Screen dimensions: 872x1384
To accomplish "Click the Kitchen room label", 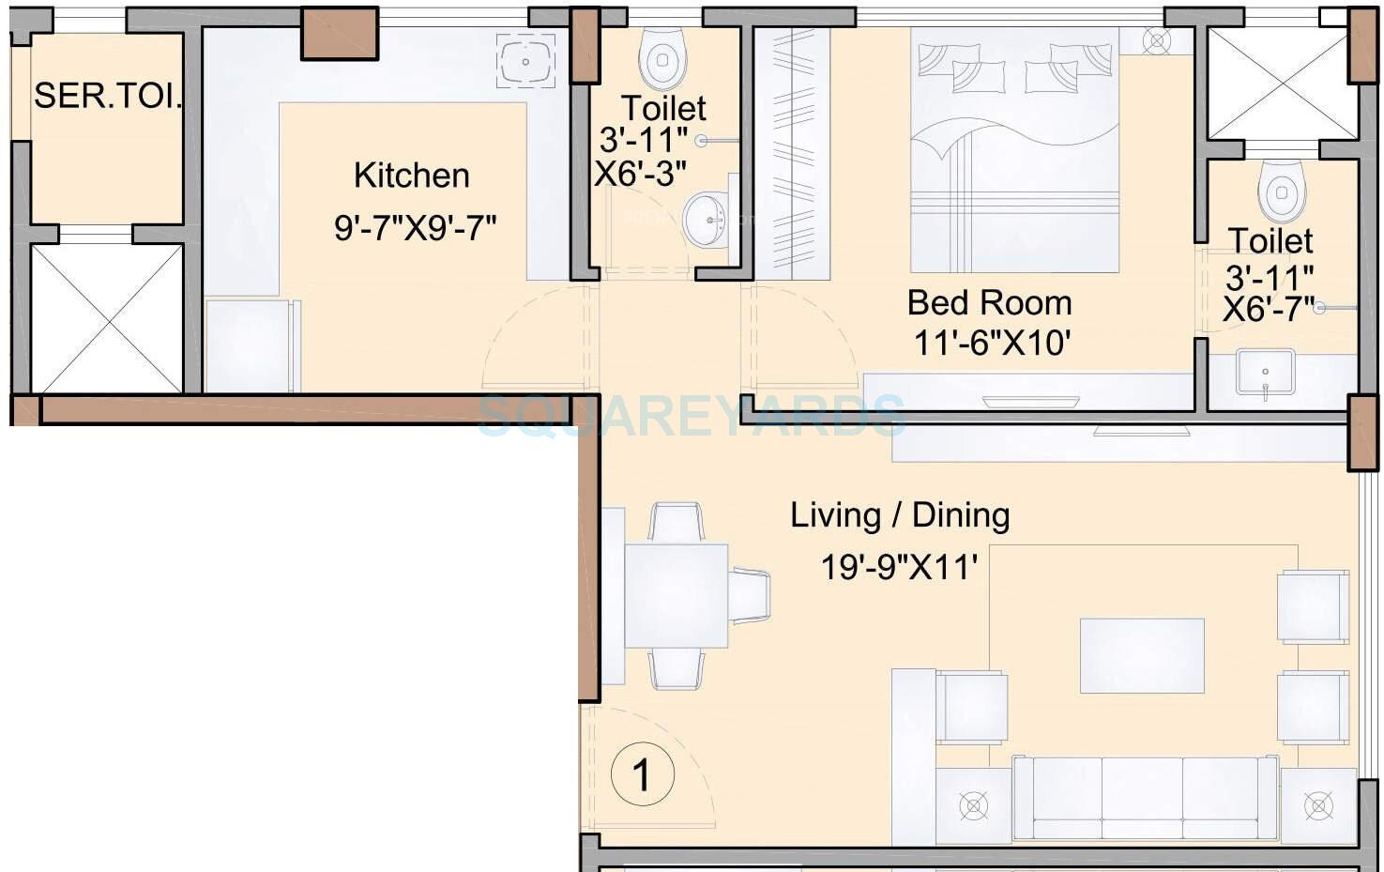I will pyautogui.click(x=411, y=176).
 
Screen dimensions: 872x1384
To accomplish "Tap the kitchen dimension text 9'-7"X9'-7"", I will pyautogui.click(x=415, y=227).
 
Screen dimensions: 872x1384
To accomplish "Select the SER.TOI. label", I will pyautogui.click(x=107, y=96).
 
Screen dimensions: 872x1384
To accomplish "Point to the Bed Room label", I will pyautogui.click(x=989, y=303).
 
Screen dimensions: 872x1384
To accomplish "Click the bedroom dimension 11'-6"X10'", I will pyautogui.click(x=991, y=344).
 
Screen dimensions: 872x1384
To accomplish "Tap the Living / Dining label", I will pyautogui.click(x=899, y=515).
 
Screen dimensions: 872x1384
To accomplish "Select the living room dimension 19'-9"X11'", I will pyautogui.click(x=899, y=567).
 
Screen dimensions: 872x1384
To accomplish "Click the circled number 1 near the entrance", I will pyautogui.click(x=643, y=775).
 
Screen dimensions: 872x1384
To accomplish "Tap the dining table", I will pyautogui.click(x=676, y=595).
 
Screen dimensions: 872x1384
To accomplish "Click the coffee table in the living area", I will pyautogui.click(x=1141, y=655).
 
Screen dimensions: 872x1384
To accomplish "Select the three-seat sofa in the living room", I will pyautogui.click(x=1144, y=797).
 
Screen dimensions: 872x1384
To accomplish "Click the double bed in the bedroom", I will pyautogui.click(x=1014, y=150).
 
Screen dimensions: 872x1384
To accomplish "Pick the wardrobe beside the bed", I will pyautogui.click(x=792, y=153).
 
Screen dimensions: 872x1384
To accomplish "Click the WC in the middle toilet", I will pyautogui.click(x=662, y=57).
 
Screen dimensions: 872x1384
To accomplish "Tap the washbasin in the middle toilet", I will pyautogui.click(x=706, y=220).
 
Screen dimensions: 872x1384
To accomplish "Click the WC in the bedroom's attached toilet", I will pyautogui.click(x=1280, y=191).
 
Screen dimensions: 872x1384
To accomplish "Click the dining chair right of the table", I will pyautogui.click(x=749, y=595).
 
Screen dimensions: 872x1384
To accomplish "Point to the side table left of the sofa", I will pyautogui.click(x=973, y=805).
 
